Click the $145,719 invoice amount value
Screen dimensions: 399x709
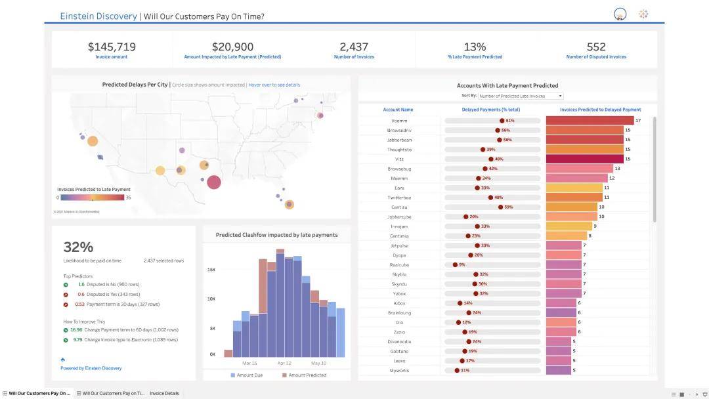pyautogui.click(x=112, y=47)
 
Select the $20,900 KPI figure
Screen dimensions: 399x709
pyautogui.click(x=232, y=47)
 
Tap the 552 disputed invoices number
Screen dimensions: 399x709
pyautogui.click(x=596, y=47)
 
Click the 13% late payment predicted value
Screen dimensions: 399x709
pyautogui.click(x=475, y=47)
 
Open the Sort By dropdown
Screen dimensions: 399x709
pyautogui.click(x=520, y=96)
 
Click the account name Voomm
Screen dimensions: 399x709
pyautogui.click(x=398, y=121)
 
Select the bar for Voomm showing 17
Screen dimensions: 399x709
pyautogui.click(x=590, y=121)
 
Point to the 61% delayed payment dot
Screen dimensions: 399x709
pyautogui.click(x=502, y=121)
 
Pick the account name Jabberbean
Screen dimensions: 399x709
pyautogui.click(x=398, y=140)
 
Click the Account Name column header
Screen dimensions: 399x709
pyautogui.click(x=398, y=110)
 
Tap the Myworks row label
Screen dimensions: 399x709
pyautogui.click(x=398, y=370)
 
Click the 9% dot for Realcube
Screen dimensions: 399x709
pyautogui.click(x=456, y=264)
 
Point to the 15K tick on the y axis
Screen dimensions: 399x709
pyautogui.click(x=211, y=270)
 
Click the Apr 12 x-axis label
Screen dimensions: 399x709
pyautogui.click(x=284, y=363)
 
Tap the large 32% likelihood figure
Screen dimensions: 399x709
pyautogui.click(x=78, y=247)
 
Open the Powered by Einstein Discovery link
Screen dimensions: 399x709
pyautogui.click(x=91, y=368)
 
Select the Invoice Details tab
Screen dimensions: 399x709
pyautogui.click(x=164, y=393)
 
